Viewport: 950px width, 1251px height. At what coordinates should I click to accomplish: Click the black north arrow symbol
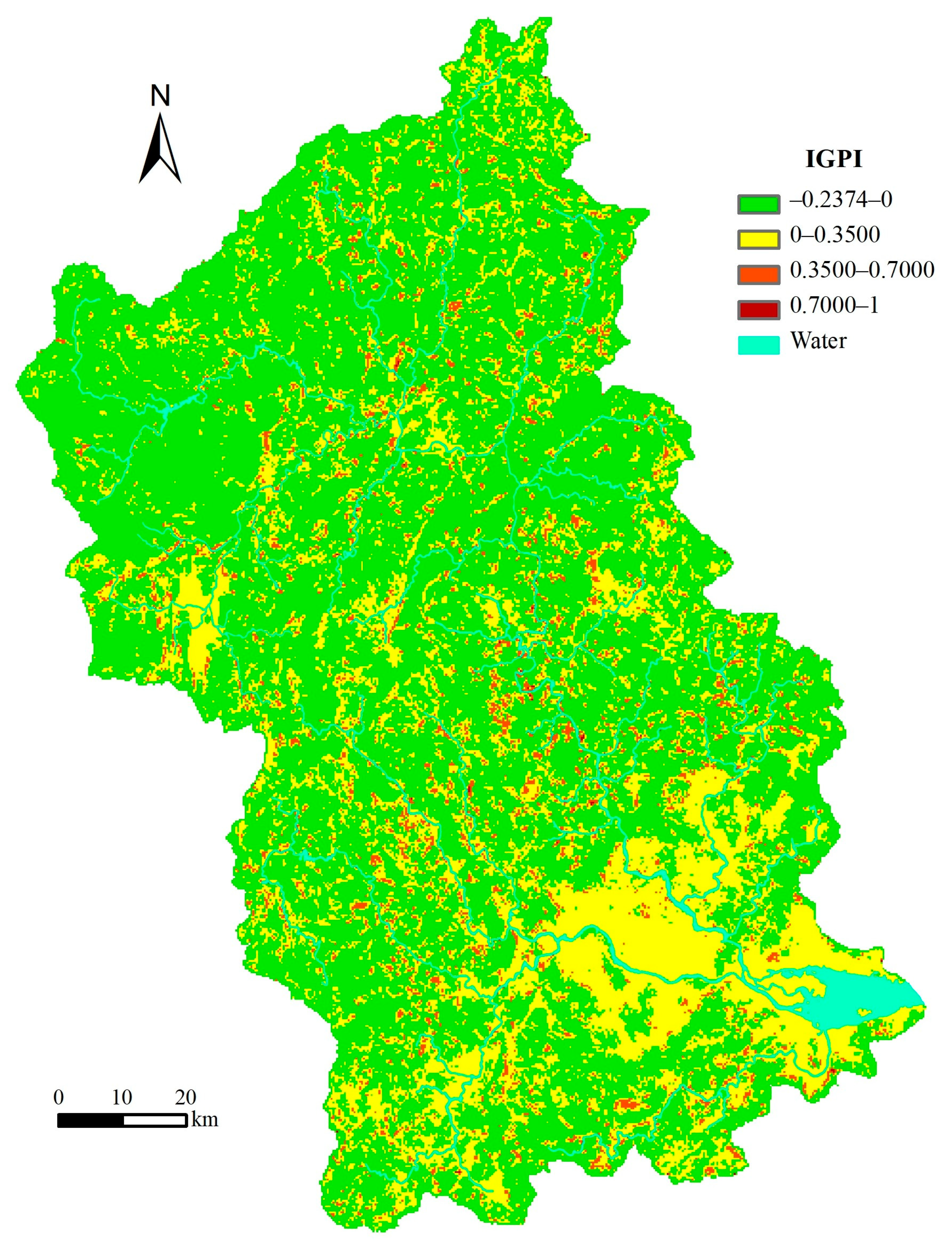click(160, 150)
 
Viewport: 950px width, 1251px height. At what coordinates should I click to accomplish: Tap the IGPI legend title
click(834, 160)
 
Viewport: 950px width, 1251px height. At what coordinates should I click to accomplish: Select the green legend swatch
click(758, 204)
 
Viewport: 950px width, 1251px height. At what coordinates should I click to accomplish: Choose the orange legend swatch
click(758, 274)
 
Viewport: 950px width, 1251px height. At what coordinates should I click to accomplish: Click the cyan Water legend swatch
click(758, 344)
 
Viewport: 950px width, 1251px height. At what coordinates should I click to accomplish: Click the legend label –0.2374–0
click(840, 200)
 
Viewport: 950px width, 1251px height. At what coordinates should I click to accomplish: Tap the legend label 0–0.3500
click(835, 235)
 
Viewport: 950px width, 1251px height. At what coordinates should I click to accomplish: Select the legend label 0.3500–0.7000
click(862, 270)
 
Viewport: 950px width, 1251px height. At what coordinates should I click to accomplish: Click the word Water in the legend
click(818, 341)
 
